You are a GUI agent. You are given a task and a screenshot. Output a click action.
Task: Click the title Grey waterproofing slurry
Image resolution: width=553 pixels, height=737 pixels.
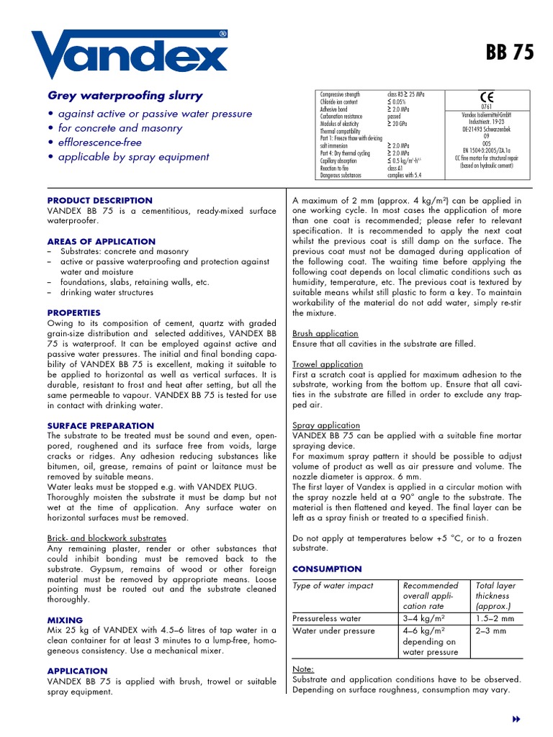pos(125,96)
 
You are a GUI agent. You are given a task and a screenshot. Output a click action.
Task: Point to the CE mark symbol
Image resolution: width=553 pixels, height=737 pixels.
pos(485,99)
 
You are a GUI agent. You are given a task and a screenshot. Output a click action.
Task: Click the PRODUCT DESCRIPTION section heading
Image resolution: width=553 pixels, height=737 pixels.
pos(99,201)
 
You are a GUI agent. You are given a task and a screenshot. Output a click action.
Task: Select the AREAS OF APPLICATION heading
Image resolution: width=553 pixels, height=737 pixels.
pos(101,242)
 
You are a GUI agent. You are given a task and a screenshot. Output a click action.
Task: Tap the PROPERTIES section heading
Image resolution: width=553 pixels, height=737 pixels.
pos(74,313)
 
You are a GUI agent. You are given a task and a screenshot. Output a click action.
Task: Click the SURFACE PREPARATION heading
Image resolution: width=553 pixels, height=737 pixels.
pos(100,426)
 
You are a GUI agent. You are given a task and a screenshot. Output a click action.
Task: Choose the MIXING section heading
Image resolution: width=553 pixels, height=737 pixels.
pos(65,620)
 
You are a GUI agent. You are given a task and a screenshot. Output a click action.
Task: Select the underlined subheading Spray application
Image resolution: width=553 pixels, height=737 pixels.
pos(325,426)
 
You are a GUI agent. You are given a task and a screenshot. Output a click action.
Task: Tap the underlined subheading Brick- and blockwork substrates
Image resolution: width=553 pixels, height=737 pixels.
pos(107,538)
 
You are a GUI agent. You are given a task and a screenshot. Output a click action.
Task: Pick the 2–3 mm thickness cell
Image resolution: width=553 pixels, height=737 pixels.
pos(491,631)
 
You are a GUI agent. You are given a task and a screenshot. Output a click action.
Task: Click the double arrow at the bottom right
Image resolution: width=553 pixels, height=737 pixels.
pos(516,720)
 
